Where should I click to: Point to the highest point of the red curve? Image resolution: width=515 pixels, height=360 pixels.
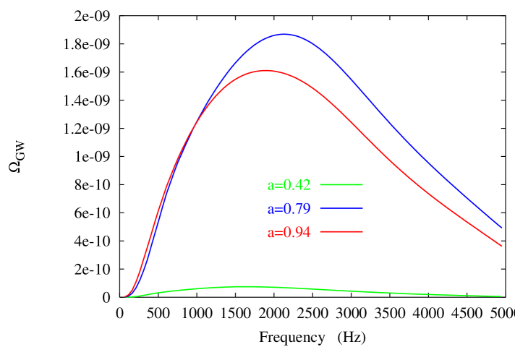pyautogui.click(x=266, y=70)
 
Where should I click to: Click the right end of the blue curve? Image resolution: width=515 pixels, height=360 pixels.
pyautogui.click(x=502, y=227)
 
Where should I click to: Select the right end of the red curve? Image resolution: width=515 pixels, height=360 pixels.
pyautogui.click(x=502, y=246)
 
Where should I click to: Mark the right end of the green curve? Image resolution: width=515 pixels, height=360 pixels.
pyautogui.click(x=502, y=296)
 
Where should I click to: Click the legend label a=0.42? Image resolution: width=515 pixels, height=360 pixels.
pyautogui.click(x=289, y=185)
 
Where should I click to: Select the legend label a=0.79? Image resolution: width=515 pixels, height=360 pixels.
pyautogui.click(x=289, y=209)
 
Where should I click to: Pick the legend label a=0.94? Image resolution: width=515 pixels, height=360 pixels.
pyautogui.click(x=289, y=233)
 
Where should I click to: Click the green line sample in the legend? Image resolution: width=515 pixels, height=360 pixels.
pyautogui.click(x=341, y=184)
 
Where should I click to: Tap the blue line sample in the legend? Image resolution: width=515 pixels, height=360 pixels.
pyautogui.click(x=341, y=208)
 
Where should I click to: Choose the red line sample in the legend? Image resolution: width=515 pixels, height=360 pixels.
pyautogui.click(x=341, y=231)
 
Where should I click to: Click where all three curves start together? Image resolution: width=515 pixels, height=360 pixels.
pyautogui.click(x=125, y=297)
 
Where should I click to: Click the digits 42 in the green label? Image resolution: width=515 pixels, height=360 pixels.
pyautogui.click(x=302, y=185)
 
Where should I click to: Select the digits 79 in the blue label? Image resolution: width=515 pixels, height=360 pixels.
pyautogui.click(x=302, y=209)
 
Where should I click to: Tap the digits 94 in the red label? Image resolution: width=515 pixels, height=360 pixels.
pyautogui.click(x=302, y=233)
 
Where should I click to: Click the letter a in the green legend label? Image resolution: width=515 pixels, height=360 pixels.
pyautogui.click(x=271, y=186)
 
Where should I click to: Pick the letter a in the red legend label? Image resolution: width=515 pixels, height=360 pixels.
pyautogui.click(x=271, y=233)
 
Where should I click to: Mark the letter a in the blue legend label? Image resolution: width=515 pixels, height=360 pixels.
pyautogui.click(x=271, y=210)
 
